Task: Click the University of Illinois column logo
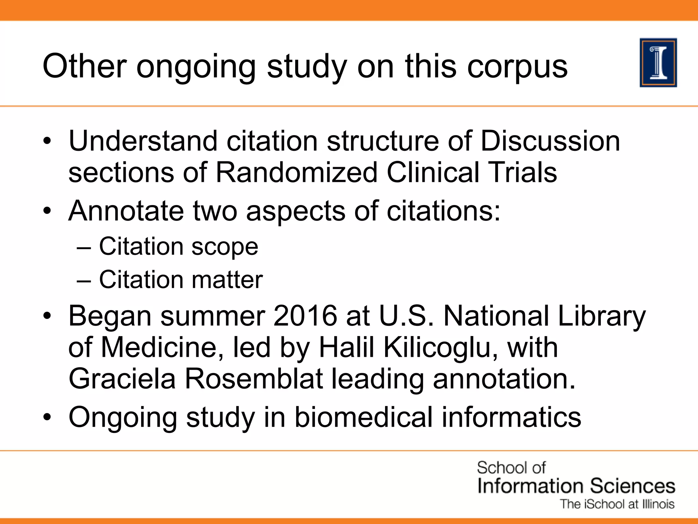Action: [x=658, y=63]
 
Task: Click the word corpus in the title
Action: [x=517, y=67]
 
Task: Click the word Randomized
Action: [x=297, y=173]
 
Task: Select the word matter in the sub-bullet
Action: [x=227, y=280]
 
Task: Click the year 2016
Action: [x=305, y=316]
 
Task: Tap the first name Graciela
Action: [x=122, y=379]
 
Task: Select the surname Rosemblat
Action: [x=254, y=379]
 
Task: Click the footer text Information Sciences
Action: [x=576, y=486]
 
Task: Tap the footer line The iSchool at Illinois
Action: [x=617, y=504]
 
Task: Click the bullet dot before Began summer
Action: [x=47, y=316]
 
